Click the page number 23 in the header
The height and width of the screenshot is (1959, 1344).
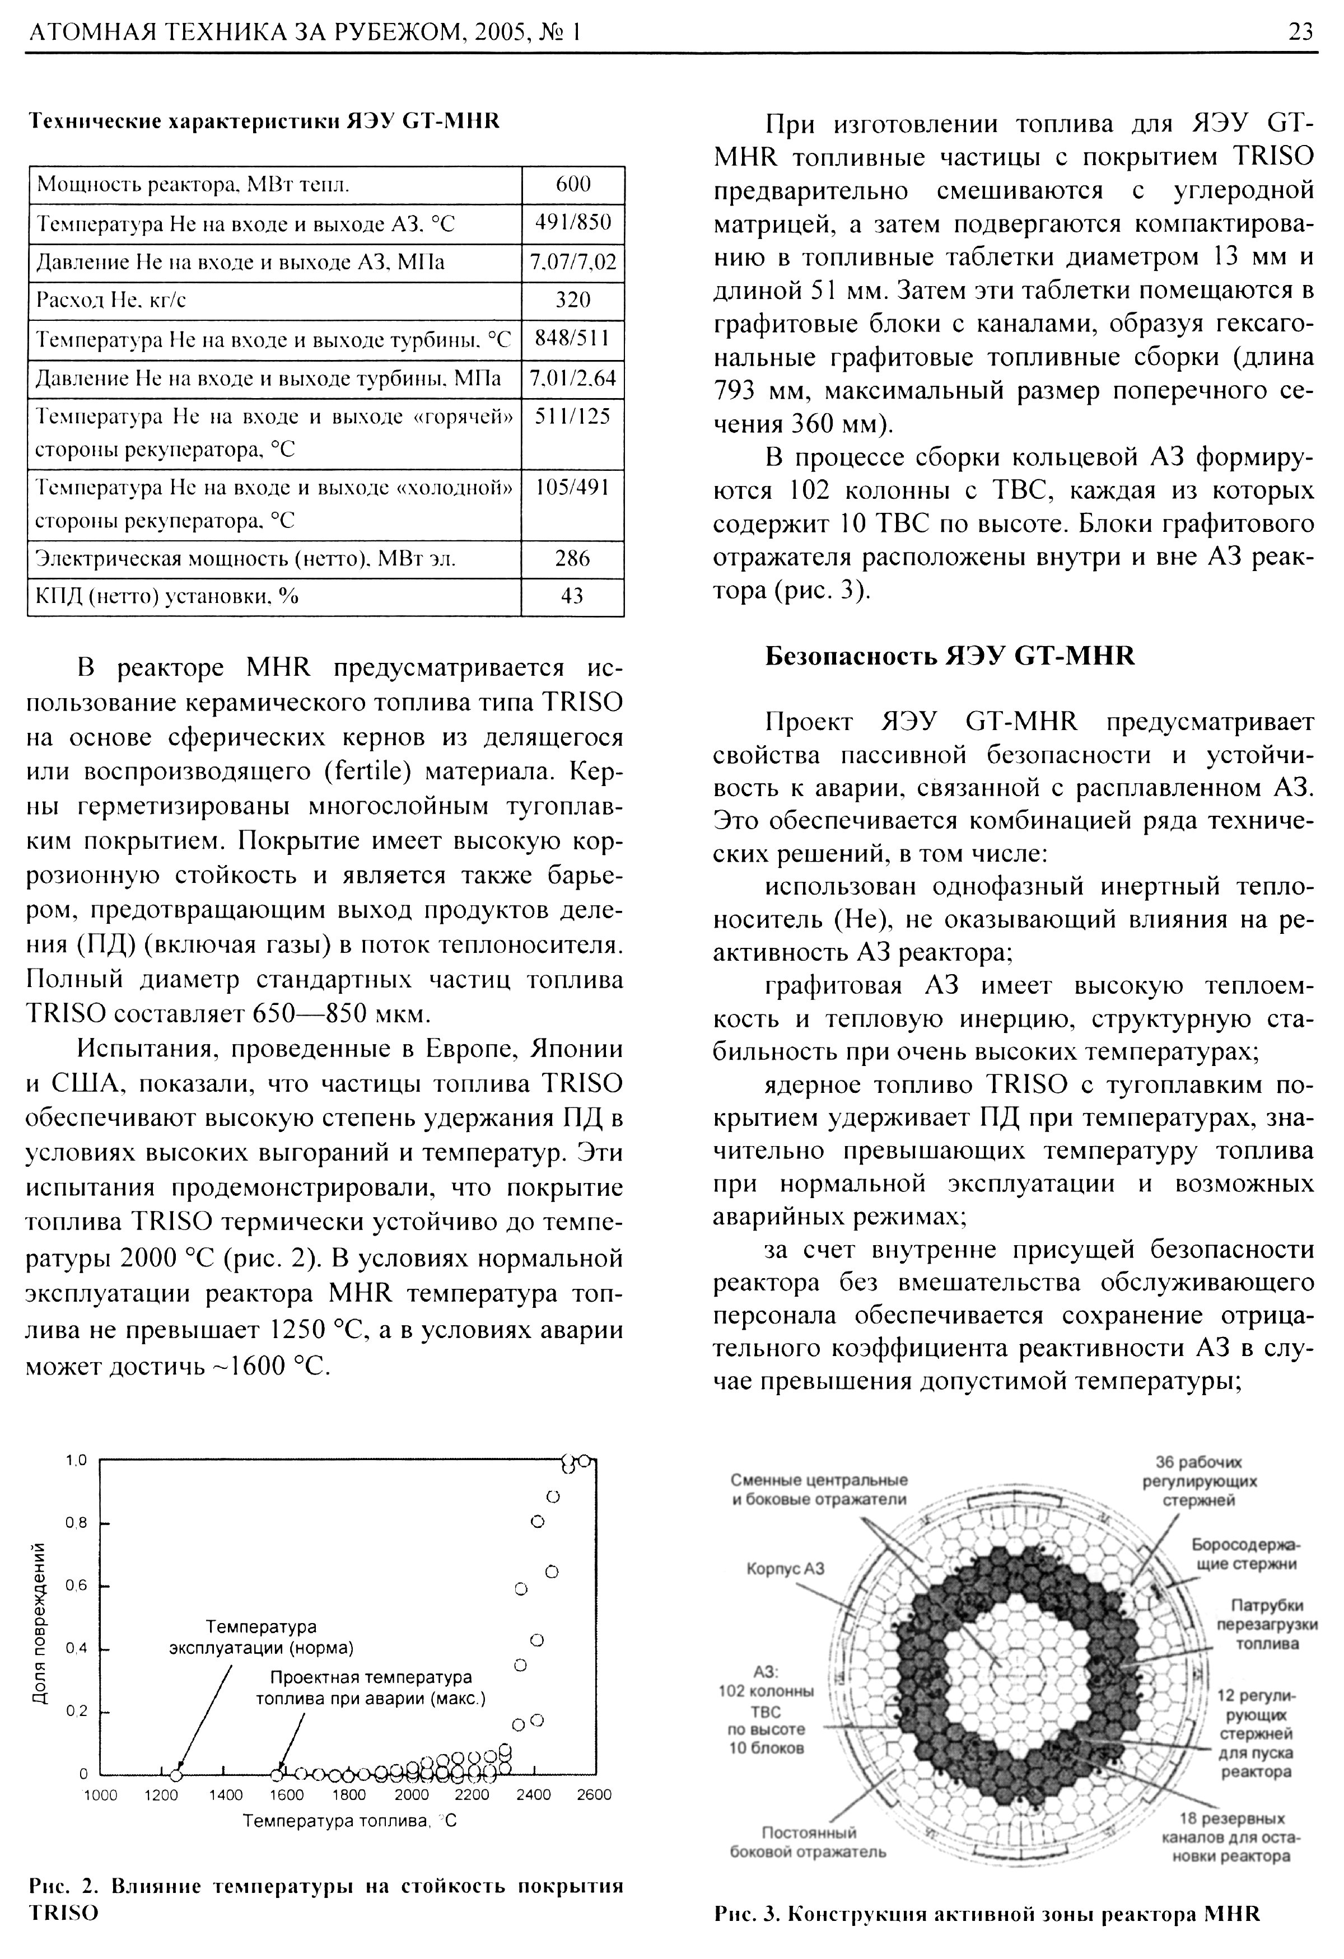tap(1300, 32)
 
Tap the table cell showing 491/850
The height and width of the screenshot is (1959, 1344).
tap(572, 223)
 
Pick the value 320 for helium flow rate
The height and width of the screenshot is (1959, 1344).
tap(572, 300)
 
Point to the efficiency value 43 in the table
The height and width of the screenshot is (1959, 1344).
tap(572, 596)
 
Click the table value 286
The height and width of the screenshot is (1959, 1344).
tap(572, 559)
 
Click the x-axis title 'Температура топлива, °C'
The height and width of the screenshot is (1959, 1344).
tap(349, 1822)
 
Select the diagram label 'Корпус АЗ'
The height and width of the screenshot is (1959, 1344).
tap(785, 1568)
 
